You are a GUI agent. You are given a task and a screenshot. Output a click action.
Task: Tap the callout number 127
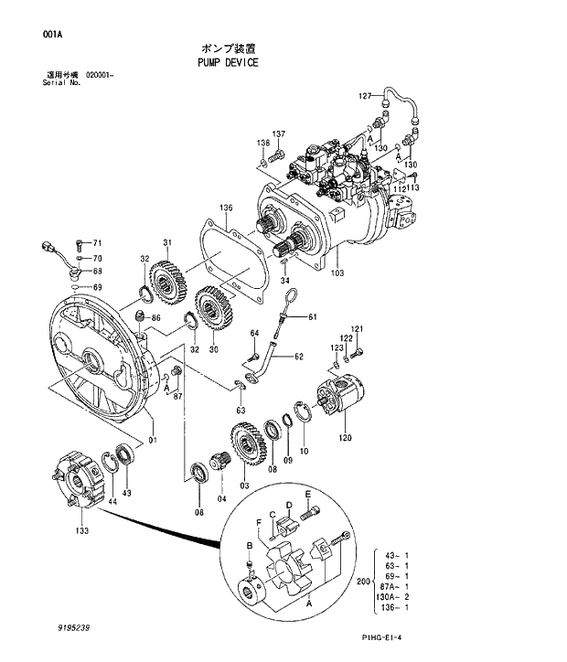coord(364,96)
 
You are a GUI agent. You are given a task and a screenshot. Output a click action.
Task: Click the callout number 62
coord(298,357)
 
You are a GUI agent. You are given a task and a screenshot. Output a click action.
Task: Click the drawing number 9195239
coord(72,629)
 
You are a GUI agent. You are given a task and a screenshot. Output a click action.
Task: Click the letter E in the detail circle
coord(308,495)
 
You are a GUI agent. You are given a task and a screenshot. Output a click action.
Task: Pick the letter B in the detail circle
coord(249,546)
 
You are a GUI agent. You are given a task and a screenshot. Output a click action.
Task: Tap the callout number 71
coord(98,243)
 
